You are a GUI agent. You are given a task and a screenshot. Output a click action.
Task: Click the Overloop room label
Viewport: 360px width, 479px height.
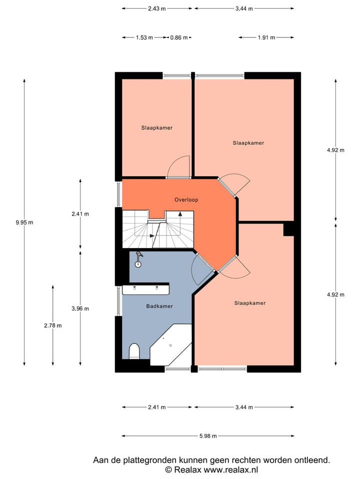tap(186, 200)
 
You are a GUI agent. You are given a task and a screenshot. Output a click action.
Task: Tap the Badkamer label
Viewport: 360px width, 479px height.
tap(159, 306)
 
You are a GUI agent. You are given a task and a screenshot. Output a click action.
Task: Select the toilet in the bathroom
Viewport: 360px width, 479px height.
tap(134, 351)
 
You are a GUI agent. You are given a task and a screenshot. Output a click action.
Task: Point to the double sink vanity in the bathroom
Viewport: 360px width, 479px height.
tap(145, 289)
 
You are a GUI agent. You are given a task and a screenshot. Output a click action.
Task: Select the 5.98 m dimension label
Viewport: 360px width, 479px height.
tap(207, 436)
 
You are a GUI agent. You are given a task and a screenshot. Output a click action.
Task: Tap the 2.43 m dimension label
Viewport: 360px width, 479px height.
tap(157, 8)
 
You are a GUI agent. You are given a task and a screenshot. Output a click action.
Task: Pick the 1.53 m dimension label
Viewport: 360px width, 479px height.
tap(144, 37)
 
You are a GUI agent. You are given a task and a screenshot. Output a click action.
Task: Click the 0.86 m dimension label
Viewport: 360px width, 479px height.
tap(179, 37)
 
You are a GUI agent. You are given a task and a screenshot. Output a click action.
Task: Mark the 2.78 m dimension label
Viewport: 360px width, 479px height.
tap(52, 325)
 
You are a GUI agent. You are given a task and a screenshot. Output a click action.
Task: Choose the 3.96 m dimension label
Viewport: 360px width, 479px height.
tap(80, 308)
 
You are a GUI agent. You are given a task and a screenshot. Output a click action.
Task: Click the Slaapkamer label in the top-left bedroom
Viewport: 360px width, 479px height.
tap(156, 128)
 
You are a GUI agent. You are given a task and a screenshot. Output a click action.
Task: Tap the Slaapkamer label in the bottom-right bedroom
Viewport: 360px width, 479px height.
tap(249, 303)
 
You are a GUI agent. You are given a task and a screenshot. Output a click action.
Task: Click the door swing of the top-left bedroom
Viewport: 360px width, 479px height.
tap(179, 167)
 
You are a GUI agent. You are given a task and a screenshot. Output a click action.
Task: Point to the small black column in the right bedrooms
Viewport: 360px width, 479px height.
tap(288, 229)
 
